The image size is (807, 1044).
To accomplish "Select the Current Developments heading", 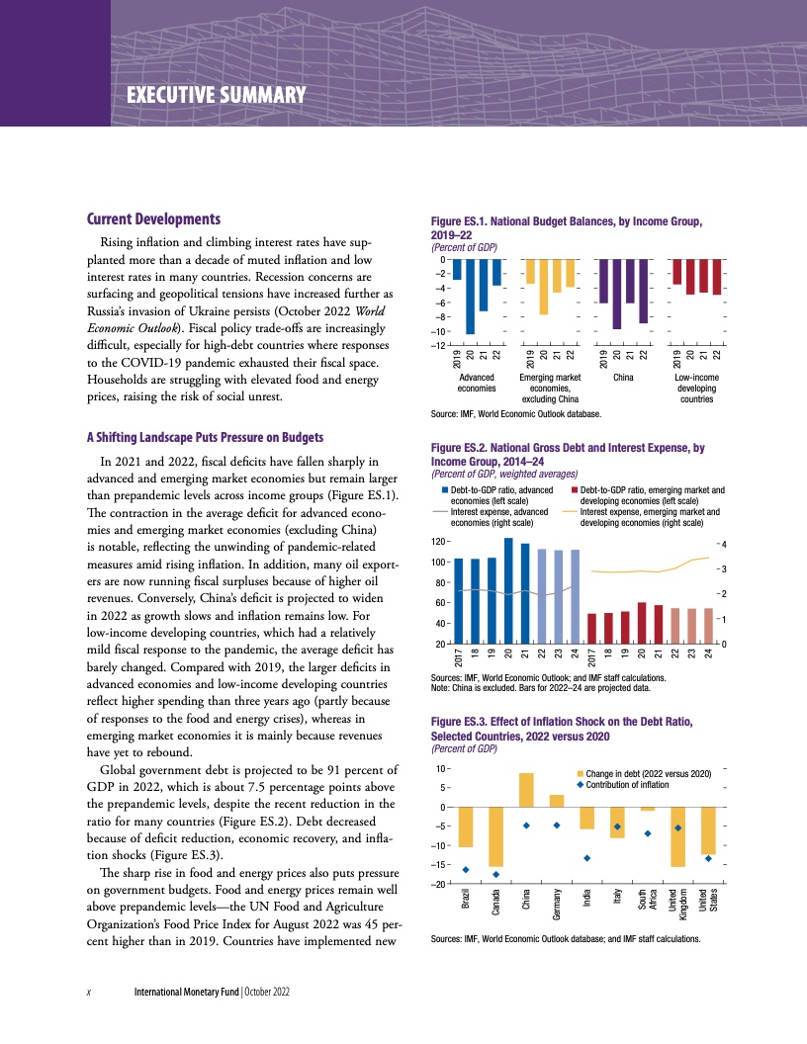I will click(x=153, y=218).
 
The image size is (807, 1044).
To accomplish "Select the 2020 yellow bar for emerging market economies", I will click(x=543, y=287).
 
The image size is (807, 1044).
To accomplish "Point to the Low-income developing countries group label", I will click(x=696, y=388).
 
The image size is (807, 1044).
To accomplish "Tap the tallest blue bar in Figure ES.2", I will click(x=508, y=591).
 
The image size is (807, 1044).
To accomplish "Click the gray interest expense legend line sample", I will click(x=439, y=512).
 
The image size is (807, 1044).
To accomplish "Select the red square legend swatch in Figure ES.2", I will click(x=576, y=490).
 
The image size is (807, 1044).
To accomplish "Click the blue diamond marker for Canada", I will click(x=495, y=874).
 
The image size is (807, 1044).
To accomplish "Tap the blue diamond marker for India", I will click(x=587, y=857).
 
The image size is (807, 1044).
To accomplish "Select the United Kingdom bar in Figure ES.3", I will click(x=677, y=837).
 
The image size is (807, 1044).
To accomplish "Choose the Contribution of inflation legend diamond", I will click(x=580, y=784).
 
